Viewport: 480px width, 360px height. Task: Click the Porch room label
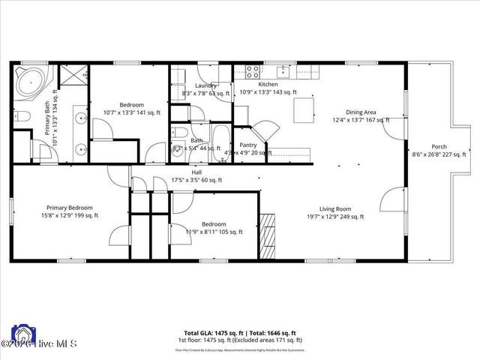439,146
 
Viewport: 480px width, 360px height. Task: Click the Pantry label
248,145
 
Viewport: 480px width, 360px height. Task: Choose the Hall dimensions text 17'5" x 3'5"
196,180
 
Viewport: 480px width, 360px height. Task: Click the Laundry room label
205,85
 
